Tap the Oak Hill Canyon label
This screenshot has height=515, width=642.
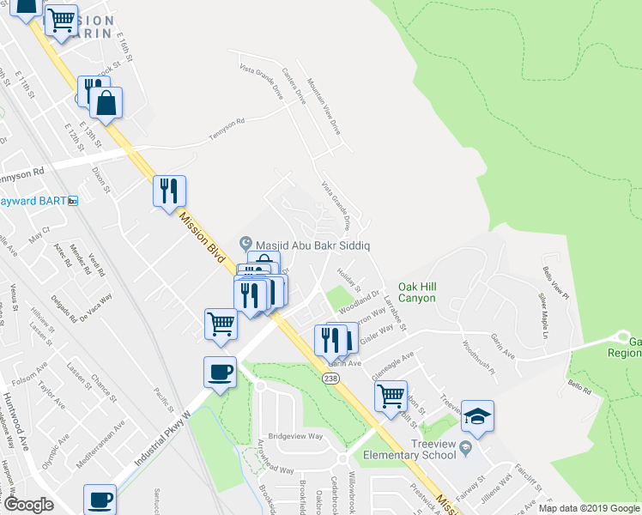click(x=417, y=292)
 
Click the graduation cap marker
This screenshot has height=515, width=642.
click(x=477, y=418)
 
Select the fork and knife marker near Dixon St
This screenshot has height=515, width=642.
click(x=169, y=191)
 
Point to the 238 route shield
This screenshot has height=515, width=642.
click(x=330, y=378)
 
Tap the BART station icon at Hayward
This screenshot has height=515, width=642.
click(x=73, y=201)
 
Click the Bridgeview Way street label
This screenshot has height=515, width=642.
click(x=294, y=436)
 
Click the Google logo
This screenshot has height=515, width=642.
click(x=28, y=505)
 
